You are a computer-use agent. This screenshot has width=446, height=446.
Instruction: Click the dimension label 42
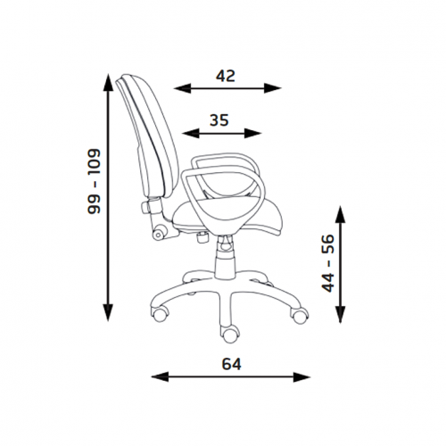(x=226, y=76)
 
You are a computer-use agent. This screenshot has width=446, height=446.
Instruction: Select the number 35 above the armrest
(x=219, y=120)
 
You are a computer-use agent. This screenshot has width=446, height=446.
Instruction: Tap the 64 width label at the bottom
(x=231, y=364)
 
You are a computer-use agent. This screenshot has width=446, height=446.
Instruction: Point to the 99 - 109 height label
(x=95, y=181)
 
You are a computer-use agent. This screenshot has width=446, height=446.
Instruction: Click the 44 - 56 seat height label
(x=328, y=263)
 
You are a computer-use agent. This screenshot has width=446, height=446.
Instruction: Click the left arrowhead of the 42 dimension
(x=182, y=88)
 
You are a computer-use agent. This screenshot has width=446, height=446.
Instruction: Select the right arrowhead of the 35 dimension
(x=252, y=133)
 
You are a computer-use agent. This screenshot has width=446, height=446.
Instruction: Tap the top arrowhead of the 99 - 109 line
(x=108, y=82)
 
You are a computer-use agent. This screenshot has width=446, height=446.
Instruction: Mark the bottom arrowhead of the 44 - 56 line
(x=341, y=314)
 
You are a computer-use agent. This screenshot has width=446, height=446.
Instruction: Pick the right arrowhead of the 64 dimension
(x=301, y=377)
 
